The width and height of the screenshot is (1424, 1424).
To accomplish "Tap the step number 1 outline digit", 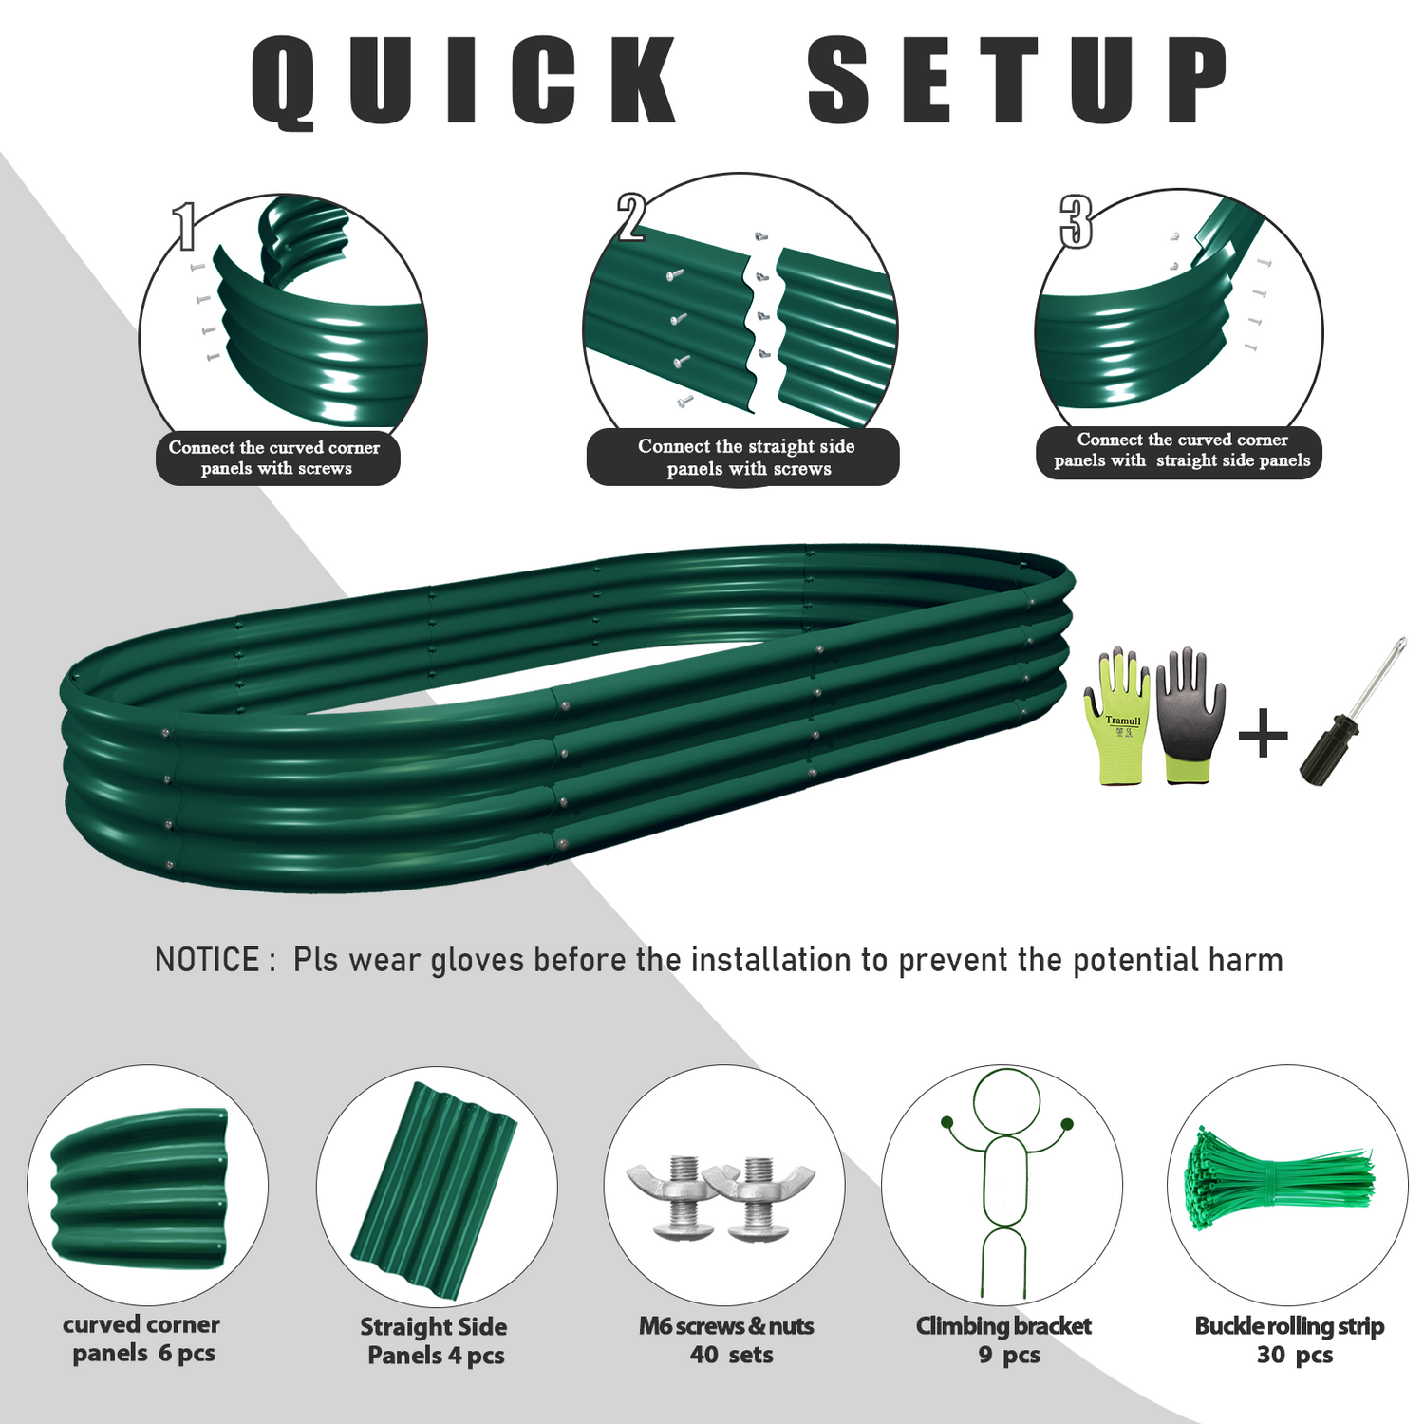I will (185, 226).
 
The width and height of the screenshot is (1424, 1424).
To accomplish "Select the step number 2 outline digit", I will (631, 216).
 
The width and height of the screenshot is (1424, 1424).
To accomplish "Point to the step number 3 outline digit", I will (1076, 221).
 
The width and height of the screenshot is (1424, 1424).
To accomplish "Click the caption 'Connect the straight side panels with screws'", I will (745, 457).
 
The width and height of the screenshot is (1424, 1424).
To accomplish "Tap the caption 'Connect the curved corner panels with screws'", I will (275, 458).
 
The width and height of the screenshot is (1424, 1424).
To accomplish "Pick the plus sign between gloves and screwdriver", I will (1263, 734).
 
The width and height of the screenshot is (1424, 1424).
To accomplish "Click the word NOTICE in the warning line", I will (207, 960).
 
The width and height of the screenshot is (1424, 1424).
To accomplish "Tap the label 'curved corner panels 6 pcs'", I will (142, 1339).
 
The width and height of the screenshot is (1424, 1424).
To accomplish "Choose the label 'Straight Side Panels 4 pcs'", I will (434, 1340).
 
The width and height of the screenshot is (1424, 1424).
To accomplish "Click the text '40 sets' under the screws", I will (731, 1355).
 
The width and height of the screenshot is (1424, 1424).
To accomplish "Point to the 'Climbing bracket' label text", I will (1003, 1325).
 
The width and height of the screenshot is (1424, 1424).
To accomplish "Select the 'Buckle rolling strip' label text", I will (1289, 1325).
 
